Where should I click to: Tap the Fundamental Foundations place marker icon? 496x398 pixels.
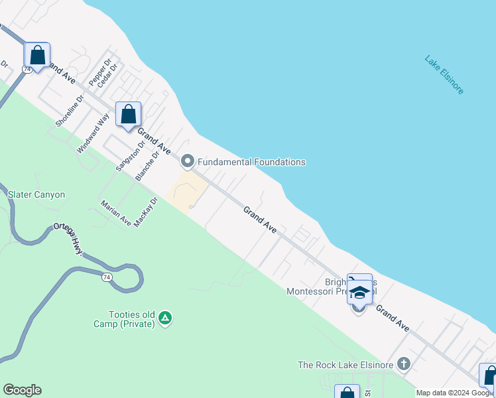tap(188, 162)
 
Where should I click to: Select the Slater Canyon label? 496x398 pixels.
tap(36, 194)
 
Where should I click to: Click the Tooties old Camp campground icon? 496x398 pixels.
tap(165, 318)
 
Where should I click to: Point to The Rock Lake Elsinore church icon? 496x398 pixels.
tap(404, 364)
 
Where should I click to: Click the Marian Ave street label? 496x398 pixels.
tap(115, 213)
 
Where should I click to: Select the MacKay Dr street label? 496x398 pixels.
tap(146, 212)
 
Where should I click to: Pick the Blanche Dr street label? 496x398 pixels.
tap(147, 165)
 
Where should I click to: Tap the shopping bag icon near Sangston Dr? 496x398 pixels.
tap(128, 113)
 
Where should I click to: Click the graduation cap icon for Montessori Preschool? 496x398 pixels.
tap(359, 293)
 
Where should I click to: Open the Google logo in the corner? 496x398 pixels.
tap(22, 390)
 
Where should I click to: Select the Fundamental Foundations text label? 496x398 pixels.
tap(251, 162)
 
